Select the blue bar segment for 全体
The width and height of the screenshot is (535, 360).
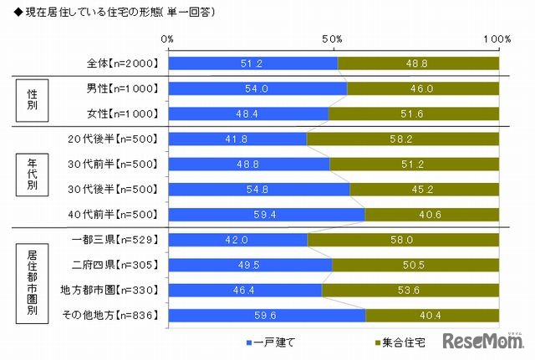tap(252, 63)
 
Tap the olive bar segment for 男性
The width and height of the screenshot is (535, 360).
tap(423, 89)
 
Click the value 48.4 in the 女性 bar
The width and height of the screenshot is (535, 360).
tap(247, 114)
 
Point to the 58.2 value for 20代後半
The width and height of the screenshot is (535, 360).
tap(403, 139)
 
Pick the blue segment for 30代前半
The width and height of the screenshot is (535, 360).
tap(248, 165)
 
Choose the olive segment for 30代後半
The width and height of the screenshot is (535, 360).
tap(424, 189)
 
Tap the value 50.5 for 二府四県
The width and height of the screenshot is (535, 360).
tap(415, 265)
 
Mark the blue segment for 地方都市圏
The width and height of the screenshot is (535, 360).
tap(244, 290)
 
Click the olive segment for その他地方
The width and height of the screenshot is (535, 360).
tap(432, 316)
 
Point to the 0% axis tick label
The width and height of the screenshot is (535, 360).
tap(167, 38)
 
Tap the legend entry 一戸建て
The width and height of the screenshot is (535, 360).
tap(272, 342)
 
